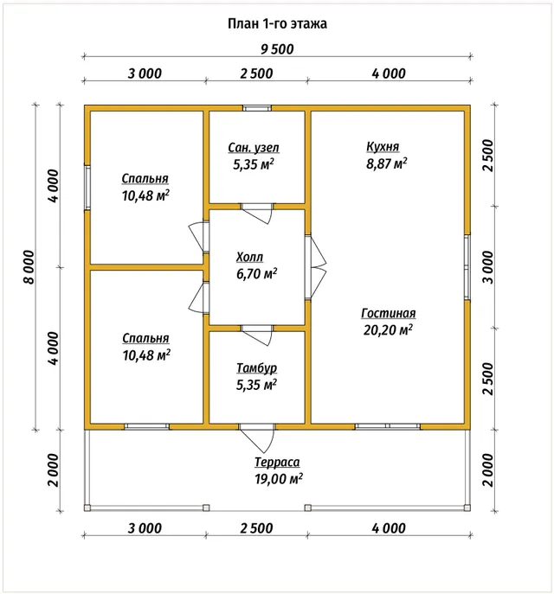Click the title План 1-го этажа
277,23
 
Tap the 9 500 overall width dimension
277,49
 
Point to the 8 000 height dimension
29,266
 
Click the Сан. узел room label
254,148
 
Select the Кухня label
383,147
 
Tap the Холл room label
249,257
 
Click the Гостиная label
389,313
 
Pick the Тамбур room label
257,368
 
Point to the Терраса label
277,463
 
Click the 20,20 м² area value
388,330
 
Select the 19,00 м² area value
279,479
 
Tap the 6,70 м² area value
257,273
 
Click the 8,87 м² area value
387,163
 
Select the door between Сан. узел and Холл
257,214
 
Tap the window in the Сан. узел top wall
257,108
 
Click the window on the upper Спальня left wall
87,187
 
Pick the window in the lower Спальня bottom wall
147,426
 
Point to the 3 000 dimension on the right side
489,267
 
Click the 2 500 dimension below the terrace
257,528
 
